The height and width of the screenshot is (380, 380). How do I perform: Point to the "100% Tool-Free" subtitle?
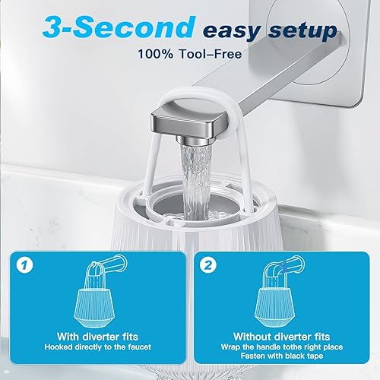click(189, 55)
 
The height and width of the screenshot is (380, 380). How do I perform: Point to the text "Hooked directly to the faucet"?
click(98, 347)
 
